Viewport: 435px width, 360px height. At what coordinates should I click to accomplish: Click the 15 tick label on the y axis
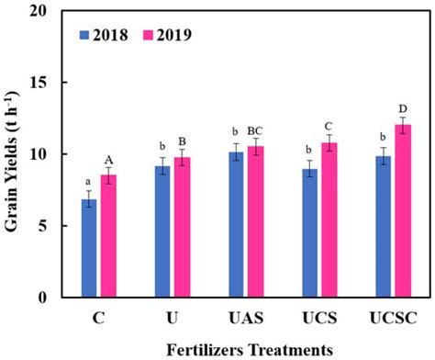pyautogui.click(x=39, y=83)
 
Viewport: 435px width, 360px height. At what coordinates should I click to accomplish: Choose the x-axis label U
pyautogui.click(x=172, y=317)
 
